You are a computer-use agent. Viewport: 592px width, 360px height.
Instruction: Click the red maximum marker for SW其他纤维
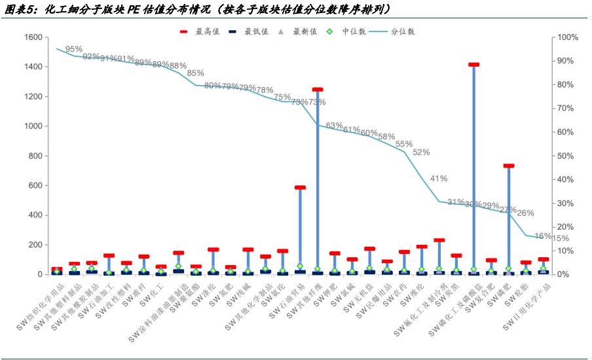click(318, 90)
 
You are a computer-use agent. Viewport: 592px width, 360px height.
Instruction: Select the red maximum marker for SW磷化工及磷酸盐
click(474, 65)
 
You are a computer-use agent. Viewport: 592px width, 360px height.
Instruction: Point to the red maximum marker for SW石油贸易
click(300, 188)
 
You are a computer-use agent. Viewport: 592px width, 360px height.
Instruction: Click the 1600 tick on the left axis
click(33, 37)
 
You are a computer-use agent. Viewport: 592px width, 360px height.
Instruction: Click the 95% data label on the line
click(73, 49)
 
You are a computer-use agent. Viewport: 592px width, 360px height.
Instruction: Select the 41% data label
click(439, 178)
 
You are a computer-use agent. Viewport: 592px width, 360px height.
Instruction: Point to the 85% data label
click(195, 73)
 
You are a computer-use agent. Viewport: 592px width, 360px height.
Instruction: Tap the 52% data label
click(421, 153)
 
